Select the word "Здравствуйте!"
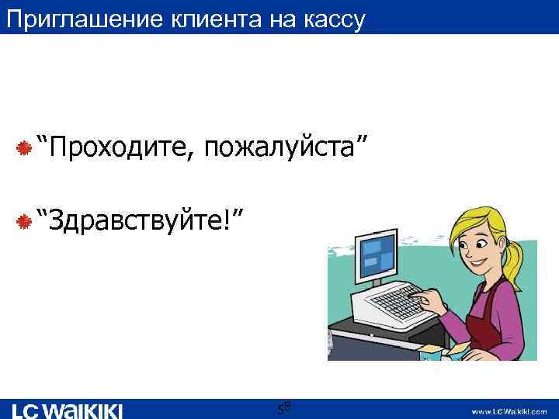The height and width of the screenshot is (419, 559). tap(144, 219)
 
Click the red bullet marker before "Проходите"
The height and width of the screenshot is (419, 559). tap(24, 147)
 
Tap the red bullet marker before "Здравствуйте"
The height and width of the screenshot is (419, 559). tap(24, 221)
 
